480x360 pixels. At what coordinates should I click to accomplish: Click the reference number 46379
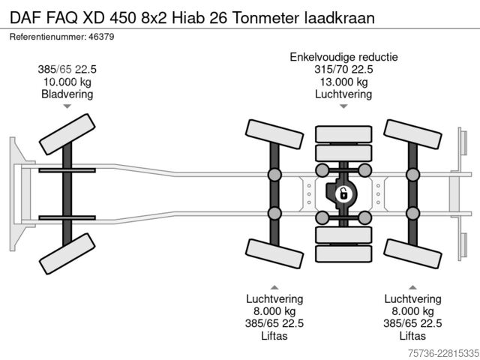101,37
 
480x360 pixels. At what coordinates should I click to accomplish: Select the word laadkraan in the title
340,18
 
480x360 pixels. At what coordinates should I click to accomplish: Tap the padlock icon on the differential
343,194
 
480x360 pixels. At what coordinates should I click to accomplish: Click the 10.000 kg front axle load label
67,82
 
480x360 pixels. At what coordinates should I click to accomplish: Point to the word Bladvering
67,94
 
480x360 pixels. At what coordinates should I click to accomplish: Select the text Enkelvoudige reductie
343,57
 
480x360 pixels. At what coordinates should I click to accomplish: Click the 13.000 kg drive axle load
343,82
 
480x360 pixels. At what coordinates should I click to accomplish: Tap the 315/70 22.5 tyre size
343,70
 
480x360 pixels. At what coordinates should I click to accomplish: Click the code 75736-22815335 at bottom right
443,353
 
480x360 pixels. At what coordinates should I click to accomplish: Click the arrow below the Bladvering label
67,106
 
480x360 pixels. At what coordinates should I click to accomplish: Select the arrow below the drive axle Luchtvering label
343,106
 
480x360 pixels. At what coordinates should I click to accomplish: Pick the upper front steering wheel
67,134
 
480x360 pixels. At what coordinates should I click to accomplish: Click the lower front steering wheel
67,253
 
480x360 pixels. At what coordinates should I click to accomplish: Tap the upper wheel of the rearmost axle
412,134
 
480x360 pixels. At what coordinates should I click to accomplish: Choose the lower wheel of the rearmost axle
412,253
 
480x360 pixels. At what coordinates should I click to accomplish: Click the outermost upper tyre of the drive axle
343,134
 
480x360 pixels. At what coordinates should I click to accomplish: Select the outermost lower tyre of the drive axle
343,253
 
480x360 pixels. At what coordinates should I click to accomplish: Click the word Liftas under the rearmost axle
412,336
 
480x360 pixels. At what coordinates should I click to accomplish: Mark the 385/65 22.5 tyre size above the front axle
67,70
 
